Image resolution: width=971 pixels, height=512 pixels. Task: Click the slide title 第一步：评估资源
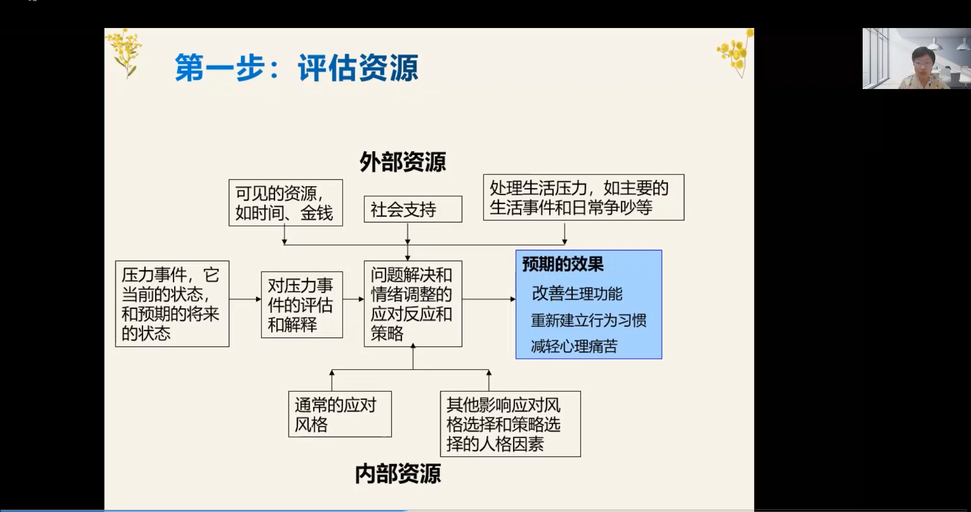click(x=297, y=68)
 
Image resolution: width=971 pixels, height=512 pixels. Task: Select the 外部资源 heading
click(x=403, y=162)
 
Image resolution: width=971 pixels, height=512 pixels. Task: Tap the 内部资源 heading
click(x=398, y=474)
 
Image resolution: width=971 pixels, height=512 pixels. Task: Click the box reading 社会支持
click(x=413, y=209)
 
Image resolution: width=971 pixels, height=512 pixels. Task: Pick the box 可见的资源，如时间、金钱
click(x=286, y=203)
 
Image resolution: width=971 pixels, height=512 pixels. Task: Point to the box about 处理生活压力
click(x=584, y=197)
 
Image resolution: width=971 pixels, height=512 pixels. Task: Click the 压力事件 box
click(x=172, y=304)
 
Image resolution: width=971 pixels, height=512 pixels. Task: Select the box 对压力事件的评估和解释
click(x=302, y=305)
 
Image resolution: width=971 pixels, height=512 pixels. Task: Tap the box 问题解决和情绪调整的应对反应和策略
click(x=413, y=304)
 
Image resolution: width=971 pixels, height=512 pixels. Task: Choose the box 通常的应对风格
click(x=340, y=414)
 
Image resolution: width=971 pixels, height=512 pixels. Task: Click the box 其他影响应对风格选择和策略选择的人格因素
click(x=511, y=424)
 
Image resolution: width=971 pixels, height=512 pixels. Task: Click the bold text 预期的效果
click(x=562, y=264)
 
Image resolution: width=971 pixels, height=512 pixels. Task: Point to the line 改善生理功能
click(x=577, y=294)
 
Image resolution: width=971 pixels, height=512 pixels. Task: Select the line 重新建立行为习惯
click(x=589, y=320)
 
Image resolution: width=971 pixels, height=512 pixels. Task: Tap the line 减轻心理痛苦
click(x=574, y=347)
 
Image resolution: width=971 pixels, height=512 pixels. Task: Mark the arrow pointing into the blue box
click(x=489, y=299)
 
